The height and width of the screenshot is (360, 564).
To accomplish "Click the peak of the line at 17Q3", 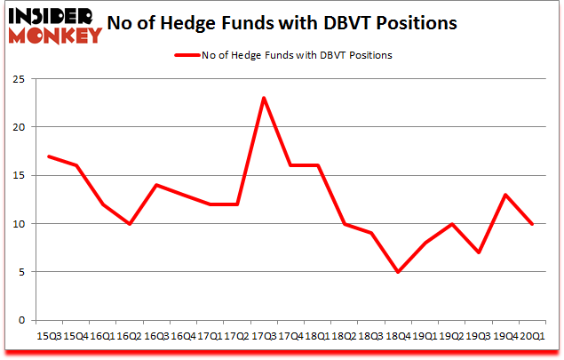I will (264, 98).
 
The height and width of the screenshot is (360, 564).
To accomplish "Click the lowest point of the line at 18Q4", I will (398, 271).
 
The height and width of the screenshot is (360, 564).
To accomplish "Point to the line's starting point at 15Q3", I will (49, 156).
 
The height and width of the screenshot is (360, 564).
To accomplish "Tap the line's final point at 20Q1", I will (532, 223).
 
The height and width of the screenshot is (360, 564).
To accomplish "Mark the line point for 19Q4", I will (505, 195).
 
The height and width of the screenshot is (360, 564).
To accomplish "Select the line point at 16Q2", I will (130, 223).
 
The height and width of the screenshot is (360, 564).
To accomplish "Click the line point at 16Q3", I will (156, 185).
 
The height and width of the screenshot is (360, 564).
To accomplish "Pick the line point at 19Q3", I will (479, 252).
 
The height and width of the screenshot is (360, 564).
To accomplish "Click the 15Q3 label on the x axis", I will (49, 336).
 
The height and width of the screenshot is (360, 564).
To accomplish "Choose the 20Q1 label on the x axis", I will (532, 336).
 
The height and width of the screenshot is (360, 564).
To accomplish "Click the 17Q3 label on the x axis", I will (264, 336).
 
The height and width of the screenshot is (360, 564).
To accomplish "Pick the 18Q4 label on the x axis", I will (398, 336).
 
